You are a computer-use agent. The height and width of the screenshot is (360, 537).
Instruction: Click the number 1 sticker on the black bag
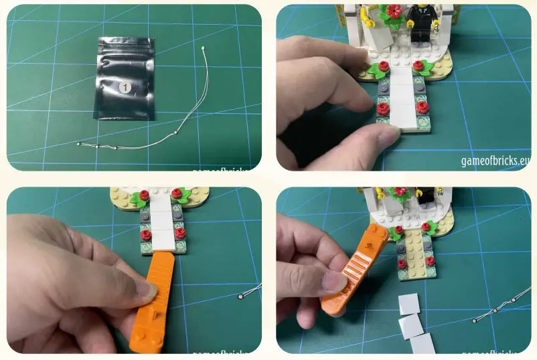pyautogui.click(x=124, y=87)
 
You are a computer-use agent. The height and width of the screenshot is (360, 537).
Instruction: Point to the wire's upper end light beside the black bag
pyautogui.click(x=203, y=48)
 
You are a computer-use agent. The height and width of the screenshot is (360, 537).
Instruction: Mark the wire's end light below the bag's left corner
pyautogui.click(x=80, y=144)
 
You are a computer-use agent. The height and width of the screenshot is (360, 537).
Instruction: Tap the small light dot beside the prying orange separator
pyautogui.click(x=240, y=296)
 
